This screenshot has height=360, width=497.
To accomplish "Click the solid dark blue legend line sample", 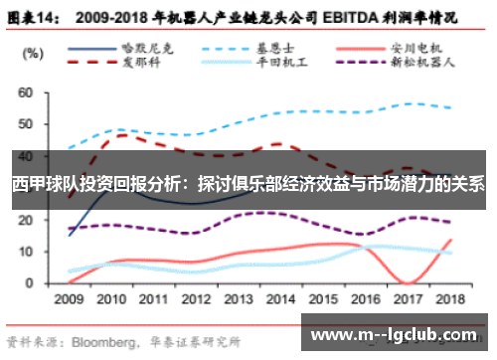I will (99, 46).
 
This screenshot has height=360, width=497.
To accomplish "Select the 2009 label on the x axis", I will (69, 298).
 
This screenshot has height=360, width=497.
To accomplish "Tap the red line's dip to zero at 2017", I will (407, 282).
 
